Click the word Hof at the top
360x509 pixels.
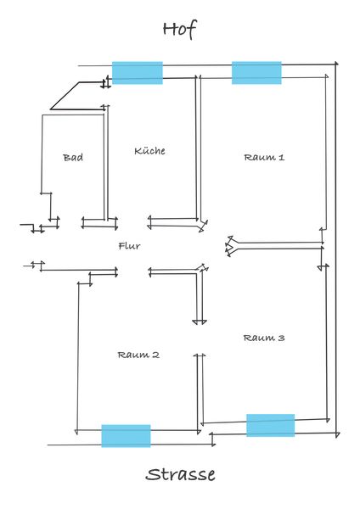(x=180, y=29)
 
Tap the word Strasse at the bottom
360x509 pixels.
(x=180, y=474)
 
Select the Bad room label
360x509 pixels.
(x=73, y=158)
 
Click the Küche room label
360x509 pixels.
(x=149, y=151)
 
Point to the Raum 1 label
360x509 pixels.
(x=264, y=158)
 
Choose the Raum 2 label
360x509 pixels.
(x=138, y=355)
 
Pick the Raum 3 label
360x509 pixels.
(x=264, y=338)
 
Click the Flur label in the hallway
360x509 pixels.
(x=129, y=246)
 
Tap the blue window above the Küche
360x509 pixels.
(x=138, y=73)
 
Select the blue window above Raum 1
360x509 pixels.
(x=256, y=73)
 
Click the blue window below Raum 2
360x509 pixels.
(x=126, y=436)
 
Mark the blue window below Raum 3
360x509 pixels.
(x=271, y=425)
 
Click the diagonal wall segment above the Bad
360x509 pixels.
(x=65, y=96)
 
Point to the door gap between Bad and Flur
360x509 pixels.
(x=70, y=222)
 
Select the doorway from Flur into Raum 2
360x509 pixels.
(x=133, y=271)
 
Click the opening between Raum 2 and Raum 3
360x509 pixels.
(x=200, y=338)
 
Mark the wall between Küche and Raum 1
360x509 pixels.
(x=198, y=148)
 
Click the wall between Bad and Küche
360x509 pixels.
(x=105, y=162)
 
